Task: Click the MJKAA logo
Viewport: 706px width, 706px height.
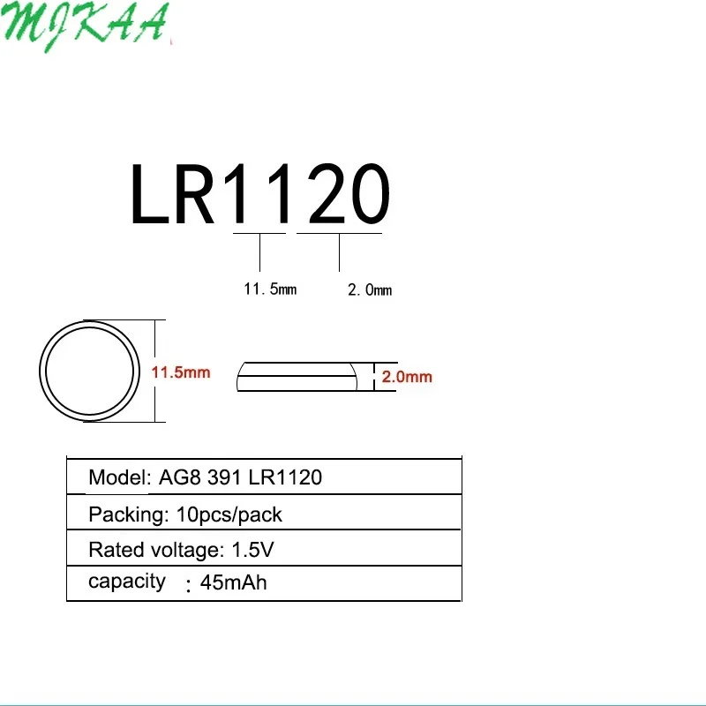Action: pos(86,26)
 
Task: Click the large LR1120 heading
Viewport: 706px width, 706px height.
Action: pos(259,195)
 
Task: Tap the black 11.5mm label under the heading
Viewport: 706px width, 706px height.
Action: pos(270,289)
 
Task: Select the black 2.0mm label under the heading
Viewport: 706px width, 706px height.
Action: pos(369,289)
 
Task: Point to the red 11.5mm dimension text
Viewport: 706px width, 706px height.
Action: pos(181,372)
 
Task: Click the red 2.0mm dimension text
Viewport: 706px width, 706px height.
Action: pos(407,377)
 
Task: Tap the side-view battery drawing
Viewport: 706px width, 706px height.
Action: pos(299,376)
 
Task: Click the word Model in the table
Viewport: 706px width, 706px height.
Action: pos(117,478)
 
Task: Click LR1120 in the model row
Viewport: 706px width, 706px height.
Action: pos(285,478)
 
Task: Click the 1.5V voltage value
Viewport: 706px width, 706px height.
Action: pos(253,551)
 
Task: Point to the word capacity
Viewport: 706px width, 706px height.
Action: pos(126,582)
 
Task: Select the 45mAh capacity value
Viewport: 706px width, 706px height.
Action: pos(234,583)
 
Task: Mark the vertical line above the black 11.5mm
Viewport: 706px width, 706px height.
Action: pos(260,252)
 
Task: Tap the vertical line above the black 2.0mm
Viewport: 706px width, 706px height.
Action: pos(340,252)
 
